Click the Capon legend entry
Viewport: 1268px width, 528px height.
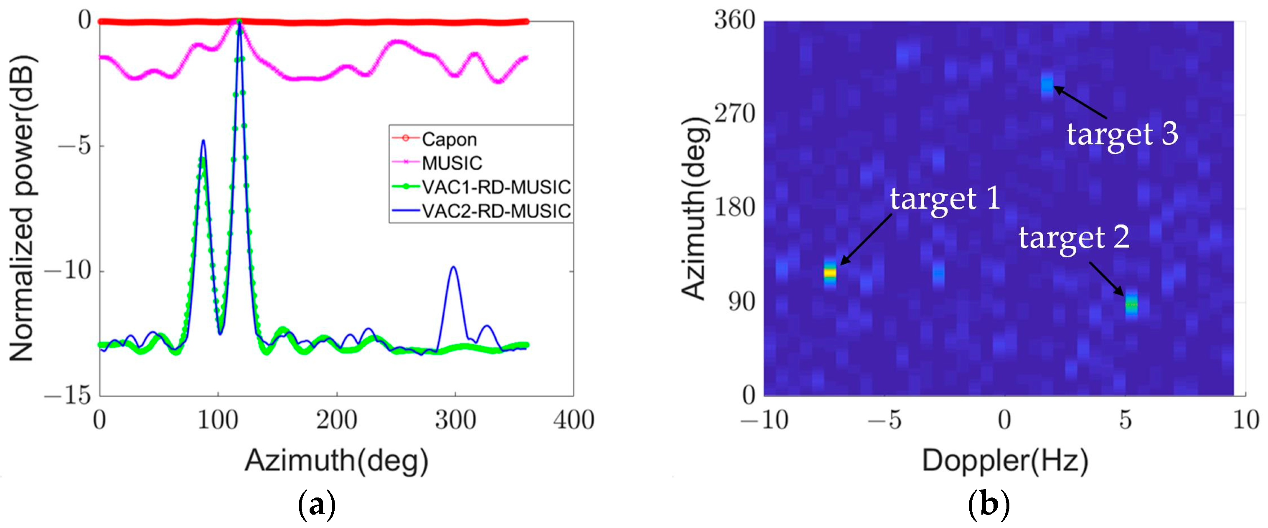(449, 139)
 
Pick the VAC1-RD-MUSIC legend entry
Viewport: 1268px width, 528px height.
(496, 187)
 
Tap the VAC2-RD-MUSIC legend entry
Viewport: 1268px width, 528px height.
(496, 211)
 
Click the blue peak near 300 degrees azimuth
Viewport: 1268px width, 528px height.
(453, 268)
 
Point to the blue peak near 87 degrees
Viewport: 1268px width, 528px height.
(203, 142)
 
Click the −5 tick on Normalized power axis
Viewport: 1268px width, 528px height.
(75, 146)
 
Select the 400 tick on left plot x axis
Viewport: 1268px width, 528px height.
(574, 420)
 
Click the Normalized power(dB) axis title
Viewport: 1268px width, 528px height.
(23, 209)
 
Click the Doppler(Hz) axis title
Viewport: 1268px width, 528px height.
(1005, 461)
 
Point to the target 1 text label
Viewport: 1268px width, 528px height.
(945, 198)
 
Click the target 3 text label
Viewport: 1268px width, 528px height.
(1122, 134)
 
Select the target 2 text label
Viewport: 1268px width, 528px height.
(1074, 237)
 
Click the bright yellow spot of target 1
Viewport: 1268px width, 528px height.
(830, 273)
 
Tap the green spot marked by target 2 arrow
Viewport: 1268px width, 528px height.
(1131, 305)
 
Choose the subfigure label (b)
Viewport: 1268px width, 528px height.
(988, 504)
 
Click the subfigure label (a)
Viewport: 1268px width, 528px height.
(317, 504)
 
